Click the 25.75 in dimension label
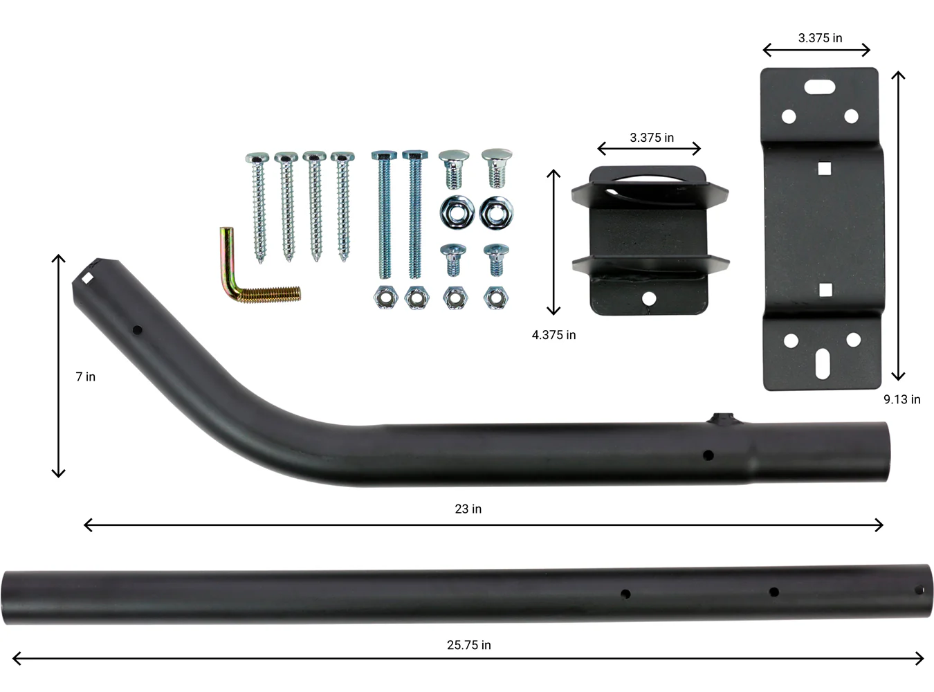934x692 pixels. click(468, 645)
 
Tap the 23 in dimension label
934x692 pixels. click(468, 509)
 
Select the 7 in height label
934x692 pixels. click(86, 376)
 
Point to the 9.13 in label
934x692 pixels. click(901, 399)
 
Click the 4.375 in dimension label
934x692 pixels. click(553, 335)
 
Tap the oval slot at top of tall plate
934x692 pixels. click(820, 86)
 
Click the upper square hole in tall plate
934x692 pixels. click(823, 168)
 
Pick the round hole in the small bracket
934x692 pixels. click(649, 298)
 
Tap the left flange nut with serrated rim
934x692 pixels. click(457, 211)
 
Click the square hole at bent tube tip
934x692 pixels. click(87, 278)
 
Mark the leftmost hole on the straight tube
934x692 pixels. click(625, 594)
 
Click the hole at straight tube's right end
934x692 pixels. click(919, 590)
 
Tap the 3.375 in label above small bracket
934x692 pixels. click(651, 138)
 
